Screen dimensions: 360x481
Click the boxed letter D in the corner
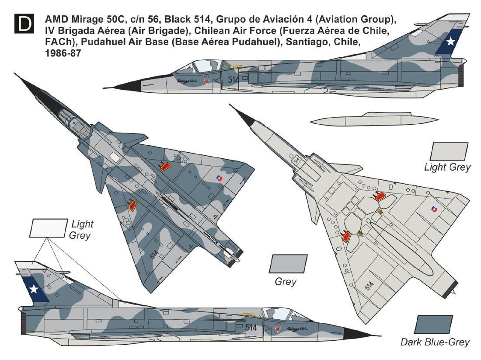24,24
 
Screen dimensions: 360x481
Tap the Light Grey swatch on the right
449,151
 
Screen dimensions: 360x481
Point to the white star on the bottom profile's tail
34,288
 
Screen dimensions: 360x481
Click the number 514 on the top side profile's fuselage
234,80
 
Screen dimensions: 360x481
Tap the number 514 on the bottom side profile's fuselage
251,327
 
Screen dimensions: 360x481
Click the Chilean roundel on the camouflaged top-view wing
219,178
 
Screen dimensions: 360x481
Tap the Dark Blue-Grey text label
435,342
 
